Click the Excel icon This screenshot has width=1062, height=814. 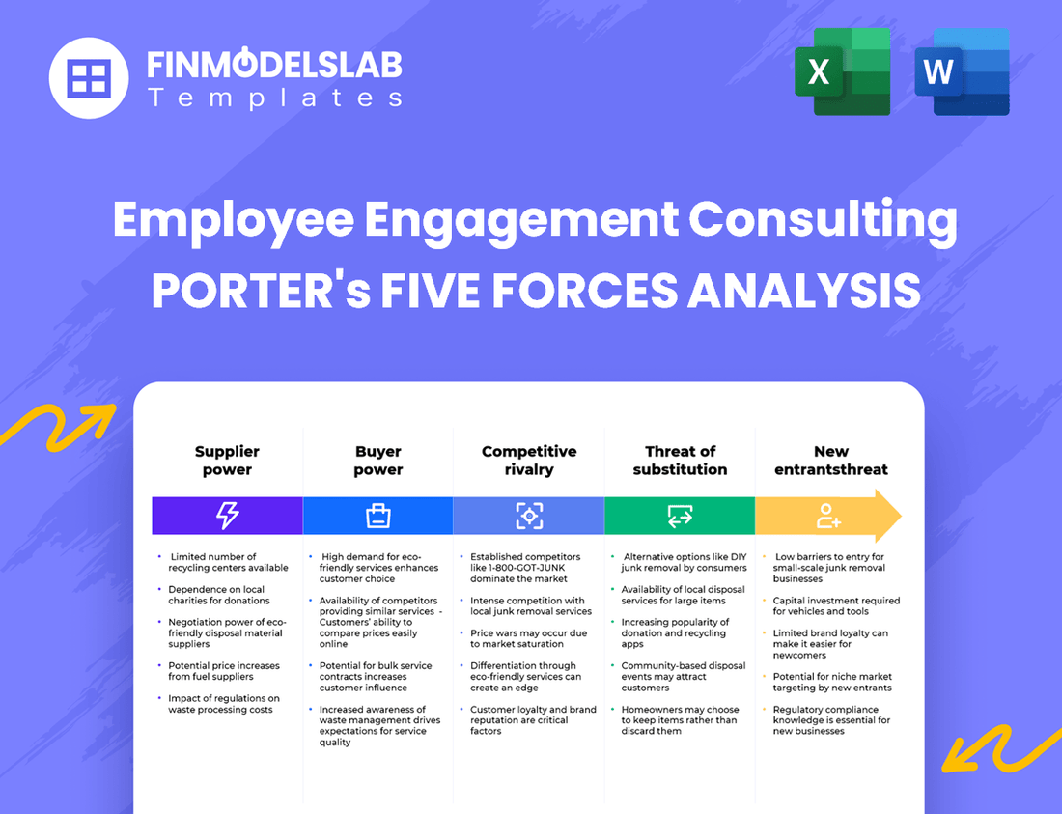pos(842,72)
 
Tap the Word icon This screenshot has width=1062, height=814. pos(962,72)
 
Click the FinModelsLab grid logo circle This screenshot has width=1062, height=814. pos(89,77)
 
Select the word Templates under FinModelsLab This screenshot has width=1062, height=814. pos(275,98)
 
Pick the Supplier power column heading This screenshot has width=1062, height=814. pos(227,461)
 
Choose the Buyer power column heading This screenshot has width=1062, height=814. pos(377,461)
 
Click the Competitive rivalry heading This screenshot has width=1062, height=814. pos(529,461)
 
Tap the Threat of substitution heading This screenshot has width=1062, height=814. pos(680,461)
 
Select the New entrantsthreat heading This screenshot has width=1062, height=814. pos(830,461)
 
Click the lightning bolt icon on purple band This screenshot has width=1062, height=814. pos(227,516)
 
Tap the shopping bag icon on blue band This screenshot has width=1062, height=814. pos(377,516)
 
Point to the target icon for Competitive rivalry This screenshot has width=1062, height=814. pos(529,516)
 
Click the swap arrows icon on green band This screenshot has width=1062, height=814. pos(680,516)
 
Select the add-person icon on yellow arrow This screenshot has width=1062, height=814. pos(828,516)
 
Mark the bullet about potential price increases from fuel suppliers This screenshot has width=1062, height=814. pos(223,671)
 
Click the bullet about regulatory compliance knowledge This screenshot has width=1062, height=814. pos(831,720)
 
